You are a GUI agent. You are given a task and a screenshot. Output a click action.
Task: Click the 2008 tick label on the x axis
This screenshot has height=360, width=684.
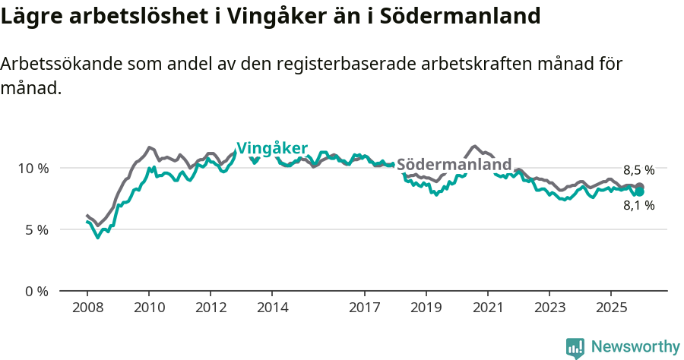coord(87,308)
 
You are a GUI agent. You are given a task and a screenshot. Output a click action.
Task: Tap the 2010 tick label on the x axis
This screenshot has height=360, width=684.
coord(148,308)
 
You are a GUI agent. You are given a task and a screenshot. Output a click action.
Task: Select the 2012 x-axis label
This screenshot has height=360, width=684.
coord(211,308)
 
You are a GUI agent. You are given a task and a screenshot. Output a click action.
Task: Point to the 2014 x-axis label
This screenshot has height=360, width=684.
coord(272,308)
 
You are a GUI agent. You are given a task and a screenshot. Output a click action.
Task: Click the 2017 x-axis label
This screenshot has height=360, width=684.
coord(365,308)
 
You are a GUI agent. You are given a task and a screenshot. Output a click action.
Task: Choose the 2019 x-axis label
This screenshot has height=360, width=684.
coord(426,308)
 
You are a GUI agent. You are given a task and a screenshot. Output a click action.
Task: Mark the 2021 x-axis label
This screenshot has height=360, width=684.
coord(488,308)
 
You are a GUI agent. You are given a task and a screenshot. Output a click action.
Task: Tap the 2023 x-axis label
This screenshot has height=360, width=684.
coord(549,308)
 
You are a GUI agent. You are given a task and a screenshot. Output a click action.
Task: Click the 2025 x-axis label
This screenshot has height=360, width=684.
coord(611,308)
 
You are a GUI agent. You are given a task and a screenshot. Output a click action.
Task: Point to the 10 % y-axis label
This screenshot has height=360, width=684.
coord(33,168)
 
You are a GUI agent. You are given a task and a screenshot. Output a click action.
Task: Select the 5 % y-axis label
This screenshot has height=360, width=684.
coord(36,229)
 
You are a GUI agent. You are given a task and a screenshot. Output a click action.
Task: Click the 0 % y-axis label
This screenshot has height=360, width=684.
coord(36,291)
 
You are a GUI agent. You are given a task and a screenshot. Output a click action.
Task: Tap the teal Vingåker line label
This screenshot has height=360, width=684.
coord(272,148)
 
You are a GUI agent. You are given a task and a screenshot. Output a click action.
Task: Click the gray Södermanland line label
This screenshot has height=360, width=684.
coord(454,165)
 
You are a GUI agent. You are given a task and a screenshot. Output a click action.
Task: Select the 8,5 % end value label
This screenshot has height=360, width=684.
coord(638,171)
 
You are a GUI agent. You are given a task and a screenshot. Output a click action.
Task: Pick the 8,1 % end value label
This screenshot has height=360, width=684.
coord(638,205)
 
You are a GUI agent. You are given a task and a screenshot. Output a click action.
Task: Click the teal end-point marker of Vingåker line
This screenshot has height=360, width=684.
coord(640,192)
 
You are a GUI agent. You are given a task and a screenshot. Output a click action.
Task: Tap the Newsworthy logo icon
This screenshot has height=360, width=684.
coord(575,348)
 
